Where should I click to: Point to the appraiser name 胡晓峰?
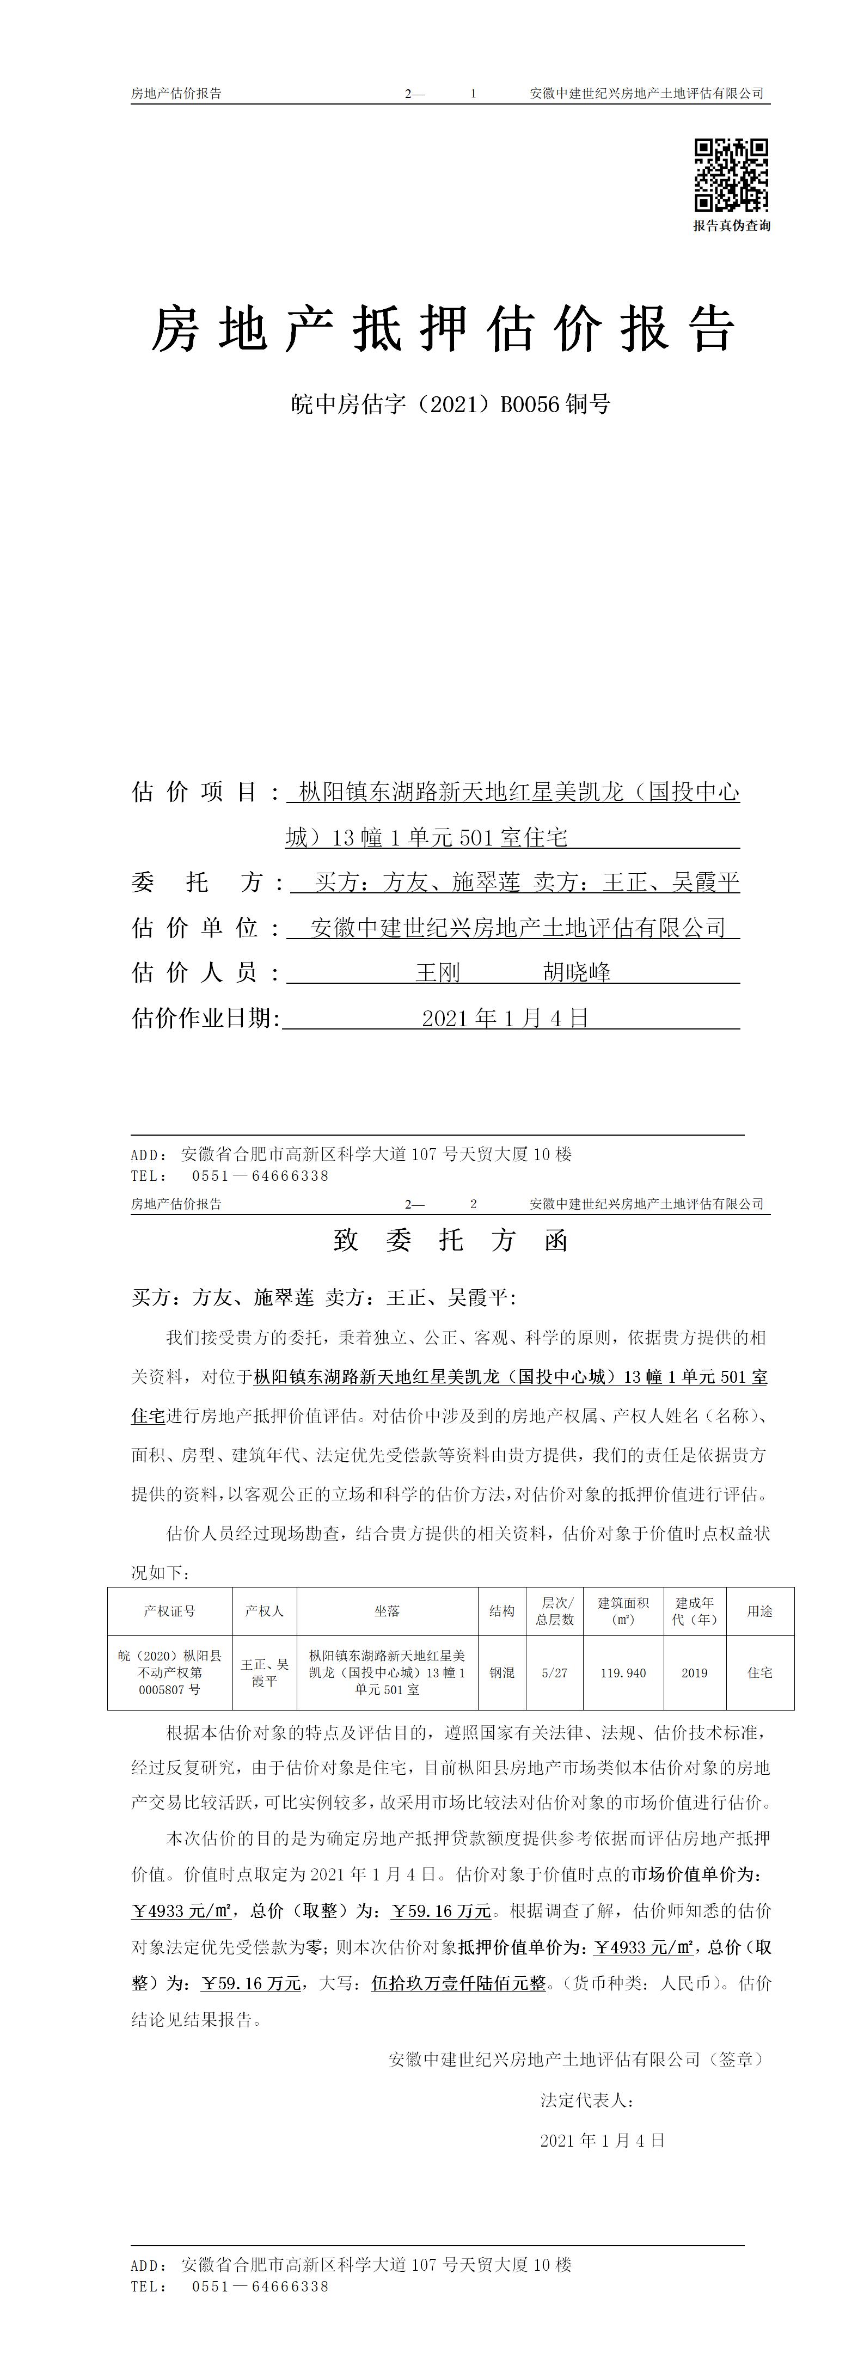tap(577, 972)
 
